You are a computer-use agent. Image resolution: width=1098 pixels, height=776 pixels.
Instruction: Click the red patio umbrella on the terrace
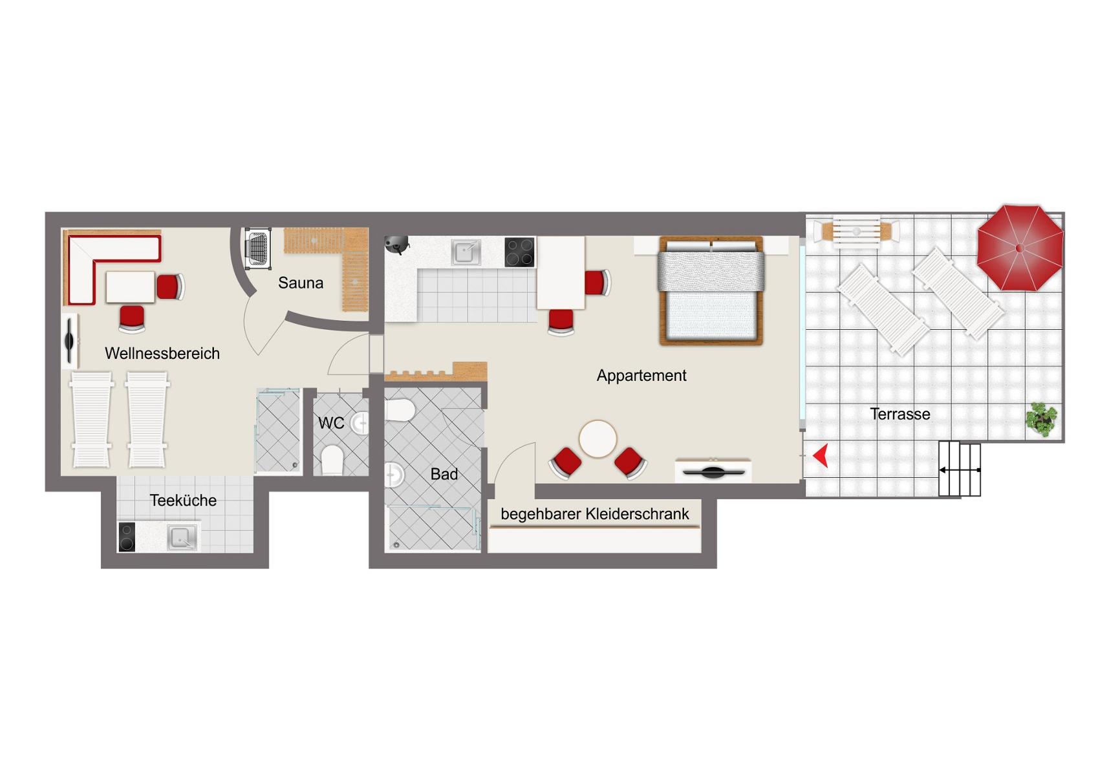[x=1020, y=248]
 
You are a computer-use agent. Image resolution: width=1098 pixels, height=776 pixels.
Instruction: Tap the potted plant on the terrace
[x=1041, y=419]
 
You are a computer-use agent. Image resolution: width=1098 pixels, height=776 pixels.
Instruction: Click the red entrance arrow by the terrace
[x=821, y=455]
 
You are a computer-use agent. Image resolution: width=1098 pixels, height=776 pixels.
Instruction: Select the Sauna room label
[x=301, y=283]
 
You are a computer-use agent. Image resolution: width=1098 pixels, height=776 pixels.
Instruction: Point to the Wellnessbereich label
[x=162, y=354]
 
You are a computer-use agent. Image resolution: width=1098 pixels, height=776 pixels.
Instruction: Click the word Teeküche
[x=183, y=500]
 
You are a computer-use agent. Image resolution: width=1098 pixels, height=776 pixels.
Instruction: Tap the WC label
[x=331, y=423]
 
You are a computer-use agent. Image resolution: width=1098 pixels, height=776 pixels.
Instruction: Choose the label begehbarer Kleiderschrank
[x=594, y=513]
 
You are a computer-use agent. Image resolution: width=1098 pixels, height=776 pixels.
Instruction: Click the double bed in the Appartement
[x=711, y=291]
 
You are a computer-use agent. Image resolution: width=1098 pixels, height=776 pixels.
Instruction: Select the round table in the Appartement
[x=597, y=439]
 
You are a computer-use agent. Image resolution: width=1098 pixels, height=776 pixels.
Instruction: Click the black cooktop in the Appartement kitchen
[x=520, y=252]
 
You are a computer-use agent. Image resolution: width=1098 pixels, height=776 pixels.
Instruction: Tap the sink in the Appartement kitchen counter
[x=466, y=252]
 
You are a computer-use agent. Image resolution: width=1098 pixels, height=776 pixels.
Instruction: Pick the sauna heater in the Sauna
[x=258, y=248]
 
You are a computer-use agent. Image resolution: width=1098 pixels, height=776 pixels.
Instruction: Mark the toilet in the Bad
[x=400, y=410]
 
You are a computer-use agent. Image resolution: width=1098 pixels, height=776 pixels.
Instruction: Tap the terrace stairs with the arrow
[x=960, y=469]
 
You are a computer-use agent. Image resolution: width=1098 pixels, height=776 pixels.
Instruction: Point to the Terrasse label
[x=900, y=415]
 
